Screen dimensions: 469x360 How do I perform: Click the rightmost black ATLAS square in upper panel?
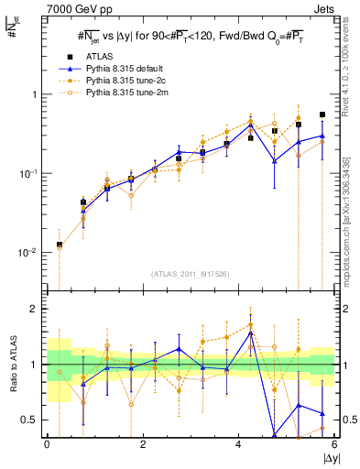click(322, 115)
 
